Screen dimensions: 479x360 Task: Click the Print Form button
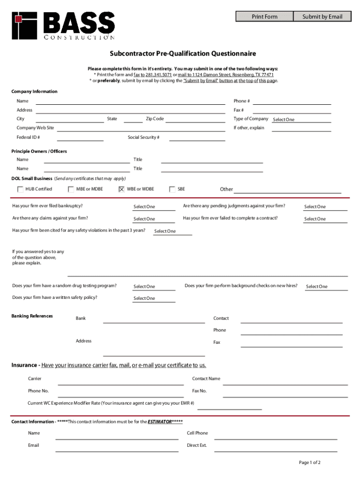pyautogui.click(x=265, y=17)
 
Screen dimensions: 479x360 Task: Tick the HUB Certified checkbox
pyautogui.click(x=21, y=189)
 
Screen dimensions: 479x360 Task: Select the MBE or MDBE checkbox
pyautogui.click(x=71, y=189)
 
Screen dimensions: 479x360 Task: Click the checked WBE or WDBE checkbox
pyautogui.click(x=122, y=189)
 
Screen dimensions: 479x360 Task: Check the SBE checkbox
pyautogui.click(x=172, y=189)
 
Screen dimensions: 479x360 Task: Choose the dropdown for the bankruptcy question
pyautogui.click(x=154, y=207)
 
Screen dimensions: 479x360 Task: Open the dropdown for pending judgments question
pyautogui.click(x=325, y=207)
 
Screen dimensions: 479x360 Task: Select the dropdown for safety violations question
pyautogui.click(x=173, y=231)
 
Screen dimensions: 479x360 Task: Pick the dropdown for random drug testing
pyautogui.click(x=154, y=287)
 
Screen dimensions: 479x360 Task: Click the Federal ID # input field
pyautogui.click(x=80, y=138)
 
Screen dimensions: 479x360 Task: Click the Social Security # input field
pyautogui.click(x=197, y=138)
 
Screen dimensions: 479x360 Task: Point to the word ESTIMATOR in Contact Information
pyautogui.click(x=159, y=422)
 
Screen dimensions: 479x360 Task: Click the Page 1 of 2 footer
pyautogui.click(x=310, y=463)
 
